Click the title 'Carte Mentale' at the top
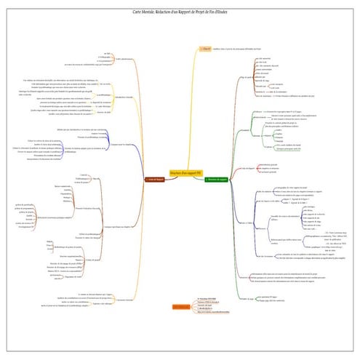(x=179, y=13)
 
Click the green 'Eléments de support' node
(x=217, y=178)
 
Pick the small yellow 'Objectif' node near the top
(x=205, y=49)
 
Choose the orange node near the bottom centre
(x=181, y=307)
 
